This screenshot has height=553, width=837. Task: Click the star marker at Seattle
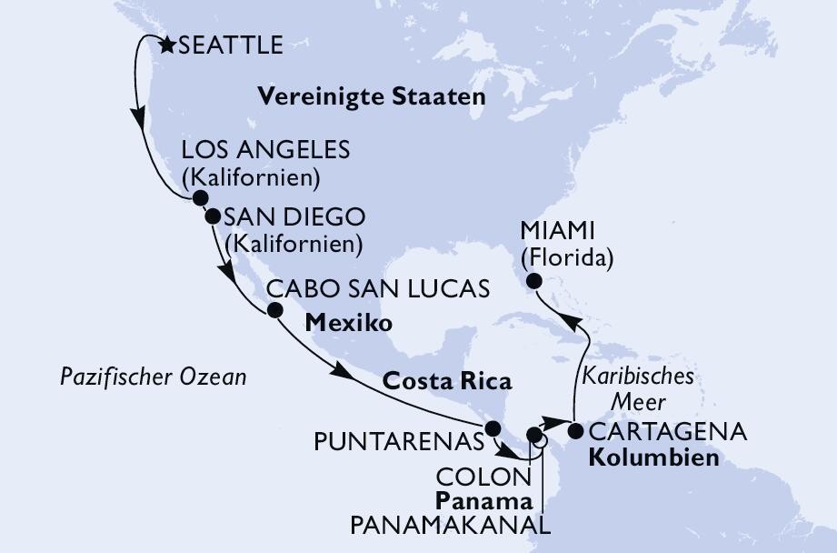(166, 43)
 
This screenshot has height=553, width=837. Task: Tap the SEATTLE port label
(229, 45)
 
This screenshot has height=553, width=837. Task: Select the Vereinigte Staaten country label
(372, 96)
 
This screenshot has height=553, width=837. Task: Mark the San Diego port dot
(212, 217)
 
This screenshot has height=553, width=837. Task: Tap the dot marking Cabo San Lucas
(272, 311)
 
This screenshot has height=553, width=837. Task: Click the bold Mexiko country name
(349, 323)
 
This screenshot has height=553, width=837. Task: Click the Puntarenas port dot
(492, 428)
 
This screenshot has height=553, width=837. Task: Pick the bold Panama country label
(482, 501)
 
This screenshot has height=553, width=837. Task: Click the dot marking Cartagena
(575, 431)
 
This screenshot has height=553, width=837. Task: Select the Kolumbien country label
(653, 457)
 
